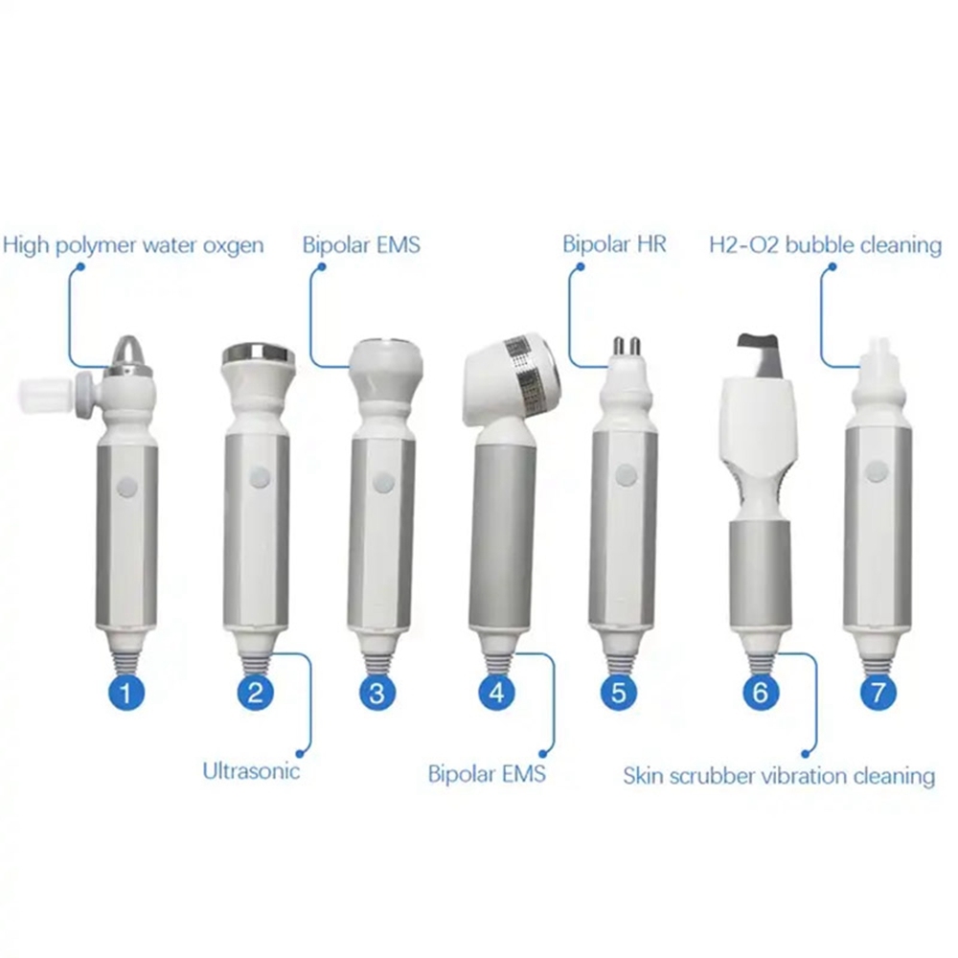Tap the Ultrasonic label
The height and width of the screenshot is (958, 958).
pyautogui.click(x=251, y=770)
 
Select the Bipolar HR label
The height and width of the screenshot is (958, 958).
pyautogui.click(x=614, y=245)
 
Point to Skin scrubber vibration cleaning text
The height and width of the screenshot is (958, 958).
pyautogui.click(x=779, y=775)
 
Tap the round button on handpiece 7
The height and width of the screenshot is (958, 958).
pyautogui.click(x=875, y=471)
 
